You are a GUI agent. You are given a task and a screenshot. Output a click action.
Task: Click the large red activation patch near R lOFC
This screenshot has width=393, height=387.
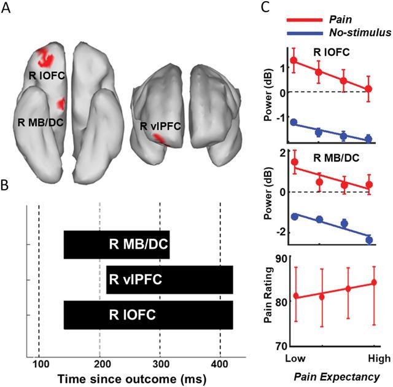tap(44, 58)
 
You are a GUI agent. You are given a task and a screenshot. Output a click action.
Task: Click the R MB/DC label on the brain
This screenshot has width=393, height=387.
tap(36, 120)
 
